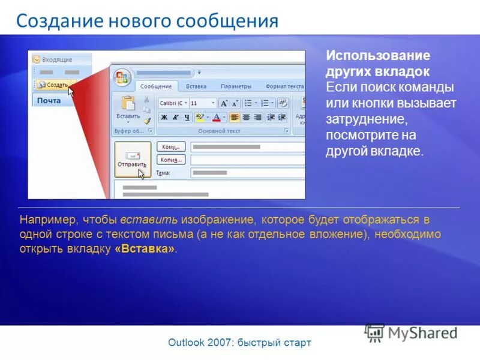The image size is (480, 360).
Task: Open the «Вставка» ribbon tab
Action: pyautogui.click(x=196, y=86)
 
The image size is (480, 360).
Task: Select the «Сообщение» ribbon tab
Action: pyautogui.click(x=156, y=86)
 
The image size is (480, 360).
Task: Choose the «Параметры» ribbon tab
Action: pyautogui.click(x=236, y=86)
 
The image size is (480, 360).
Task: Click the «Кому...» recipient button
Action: pyautogui.click(x=171, y=146)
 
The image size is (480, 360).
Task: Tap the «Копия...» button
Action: pyautogui.click(x=171, y=160)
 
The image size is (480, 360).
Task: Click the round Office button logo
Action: pyautogui.click(x=123, y=77)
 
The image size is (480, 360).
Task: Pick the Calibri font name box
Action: pyautogui.click(x=173, y=103)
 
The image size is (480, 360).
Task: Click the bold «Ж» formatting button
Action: pyautogui.click(x=164, y=118)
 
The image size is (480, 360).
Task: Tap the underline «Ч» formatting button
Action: pyautogui.click(x=187, y=118)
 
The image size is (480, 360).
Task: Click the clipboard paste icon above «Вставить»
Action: pyautogui.click(x=128, y=103)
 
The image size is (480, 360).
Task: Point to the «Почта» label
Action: pyautogui.click(x=49, y=100)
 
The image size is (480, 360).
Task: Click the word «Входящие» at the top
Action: pyautogui.click(x=56, y=60)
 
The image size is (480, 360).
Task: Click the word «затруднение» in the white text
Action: pyautogui.click(x=367, y=119)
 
